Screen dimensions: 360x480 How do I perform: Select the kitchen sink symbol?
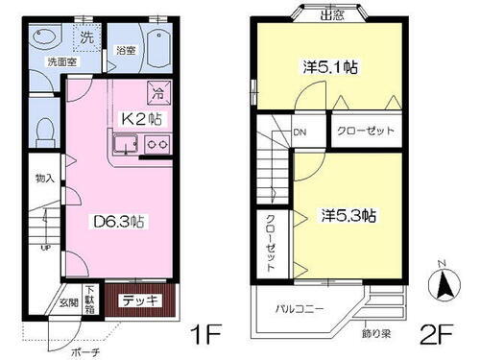click(125, 147)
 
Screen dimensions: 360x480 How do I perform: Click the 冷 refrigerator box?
click(157, 94)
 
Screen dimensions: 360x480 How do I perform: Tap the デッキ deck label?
click(141, 300)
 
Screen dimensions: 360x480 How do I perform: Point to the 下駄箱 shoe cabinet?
click(89, 299)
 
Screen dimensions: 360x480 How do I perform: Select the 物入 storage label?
click(44, 179)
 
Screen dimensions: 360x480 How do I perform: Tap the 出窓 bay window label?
click(333, 14)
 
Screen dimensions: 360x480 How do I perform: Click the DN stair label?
click(300, 133)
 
